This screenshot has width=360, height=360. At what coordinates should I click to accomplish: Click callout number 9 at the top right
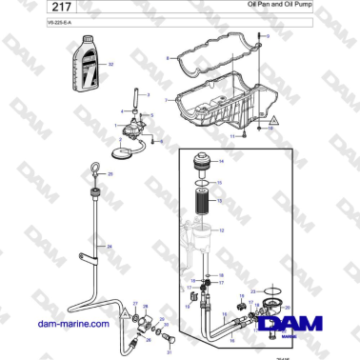(269, 36)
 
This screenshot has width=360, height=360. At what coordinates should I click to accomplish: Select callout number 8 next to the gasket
(168, 58)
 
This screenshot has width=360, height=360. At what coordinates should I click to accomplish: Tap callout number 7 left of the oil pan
(167, 99)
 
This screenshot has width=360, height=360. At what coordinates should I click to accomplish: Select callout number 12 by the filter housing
(222, 230)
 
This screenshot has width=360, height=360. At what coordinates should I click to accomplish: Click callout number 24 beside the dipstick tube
(111, 247)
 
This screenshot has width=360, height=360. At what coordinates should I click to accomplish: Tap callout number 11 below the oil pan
(232, 137)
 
